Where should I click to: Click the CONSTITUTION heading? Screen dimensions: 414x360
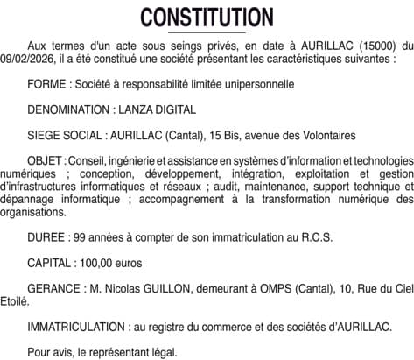tap(207, 18)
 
